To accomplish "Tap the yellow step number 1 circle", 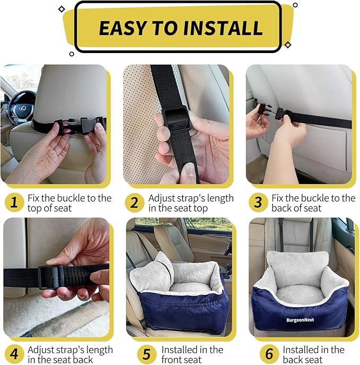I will coord(14,203).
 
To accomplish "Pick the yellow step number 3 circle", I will coord(258,203).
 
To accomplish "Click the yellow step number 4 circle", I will coord(14,355).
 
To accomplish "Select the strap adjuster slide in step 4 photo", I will coord(51,276).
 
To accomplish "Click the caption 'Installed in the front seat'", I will coord(192,355).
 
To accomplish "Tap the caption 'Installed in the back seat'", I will coord(313,355).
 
